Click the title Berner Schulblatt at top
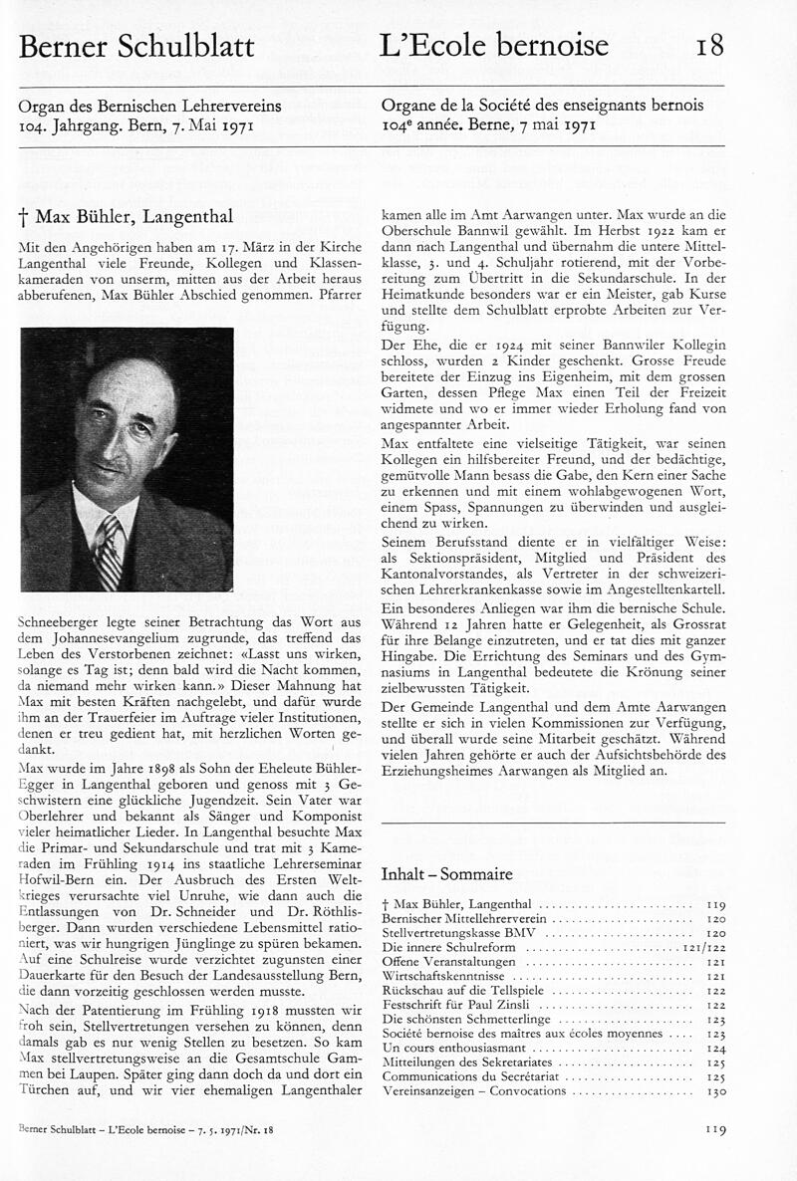(x=136, y=46)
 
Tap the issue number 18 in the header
(x=710, y=46)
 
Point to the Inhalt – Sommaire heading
(x=446, y=874)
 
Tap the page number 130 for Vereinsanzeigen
(x=714, y=1091)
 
